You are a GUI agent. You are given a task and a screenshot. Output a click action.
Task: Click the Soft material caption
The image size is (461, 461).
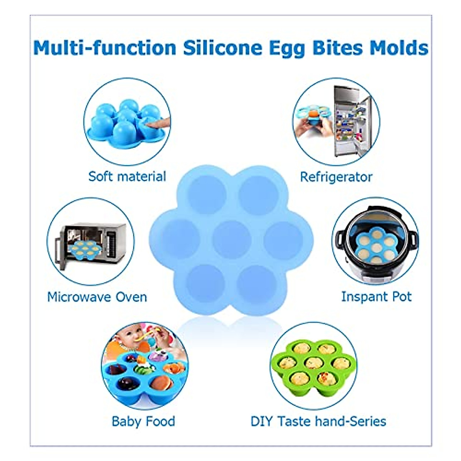click(127, 176)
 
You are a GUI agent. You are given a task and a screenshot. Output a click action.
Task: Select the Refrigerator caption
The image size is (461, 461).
click(336, 177)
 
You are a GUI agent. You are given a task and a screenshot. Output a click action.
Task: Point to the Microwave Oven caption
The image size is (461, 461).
click(97, 297)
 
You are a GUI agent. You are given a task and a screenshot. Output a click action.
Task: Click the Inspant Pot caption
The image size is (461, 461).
click(376, 297)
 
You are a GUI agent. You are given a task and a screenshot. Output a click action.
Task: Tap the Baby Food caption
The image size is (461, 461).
click(143, 421)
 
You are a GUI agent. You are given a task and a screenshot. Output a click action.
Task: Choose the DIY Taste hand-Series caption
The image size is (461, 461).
click(318, 421)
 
